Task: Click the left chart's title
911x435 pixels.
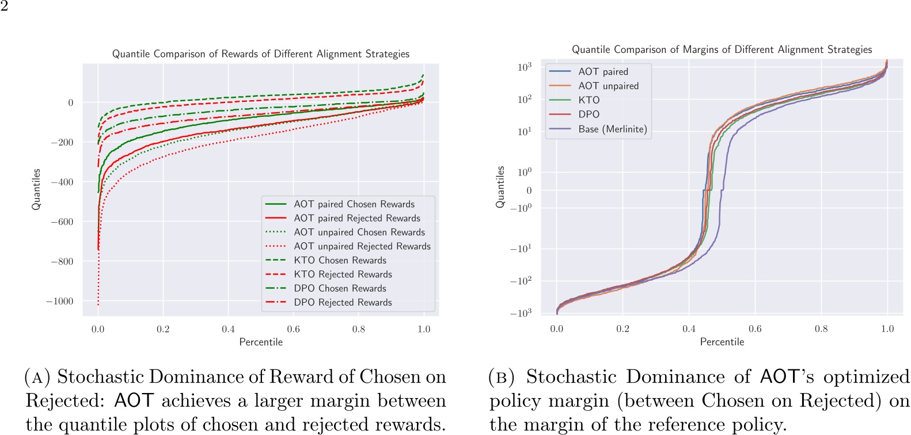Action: [260, 54]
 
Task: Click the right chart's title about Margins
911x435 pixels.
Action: [722, 49]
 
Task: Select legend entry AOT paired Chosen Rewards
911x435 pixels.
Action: [354, 204]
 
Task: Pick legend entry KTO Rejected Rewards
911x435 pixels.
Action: [343, 274]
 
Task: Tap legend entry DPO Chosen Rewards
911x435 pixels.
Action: [340, 288]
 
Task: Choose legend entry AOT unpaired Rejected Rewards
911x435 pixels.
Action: [362, 246]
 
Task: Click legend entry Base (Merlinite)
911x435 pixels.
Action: [612, 129]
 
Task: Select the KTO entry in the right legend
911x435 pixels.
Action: [589, 100]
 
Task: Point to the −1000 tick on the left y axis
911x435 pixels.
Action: [60, 301]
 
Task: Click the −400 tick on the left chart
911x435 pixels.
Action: [62, 182]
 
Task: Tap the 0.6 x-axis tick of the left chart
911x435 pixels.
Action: [293, 329]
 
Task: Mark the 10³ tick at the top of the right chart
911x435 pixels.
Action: [524, 67]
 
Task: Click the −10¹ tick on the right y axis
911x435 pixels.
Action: [521, 249]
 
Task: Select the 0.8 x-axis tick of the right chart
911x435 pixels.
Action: [821, 329]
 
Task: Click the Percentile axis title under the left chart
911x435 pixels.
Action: [261, 342]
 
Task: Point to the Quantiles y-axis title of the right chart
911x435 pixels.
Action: [500, 187]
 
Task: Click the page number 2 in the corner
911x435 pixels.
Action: [4, 6]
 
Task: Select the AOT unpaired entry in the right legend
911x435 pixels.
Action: [608, 86]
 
